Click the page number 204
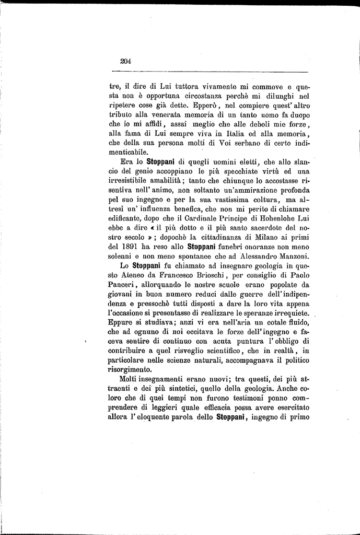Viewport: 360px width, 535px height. coord(125,61)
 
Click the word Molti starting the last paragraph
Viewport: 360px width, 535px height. coord(129,378)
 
